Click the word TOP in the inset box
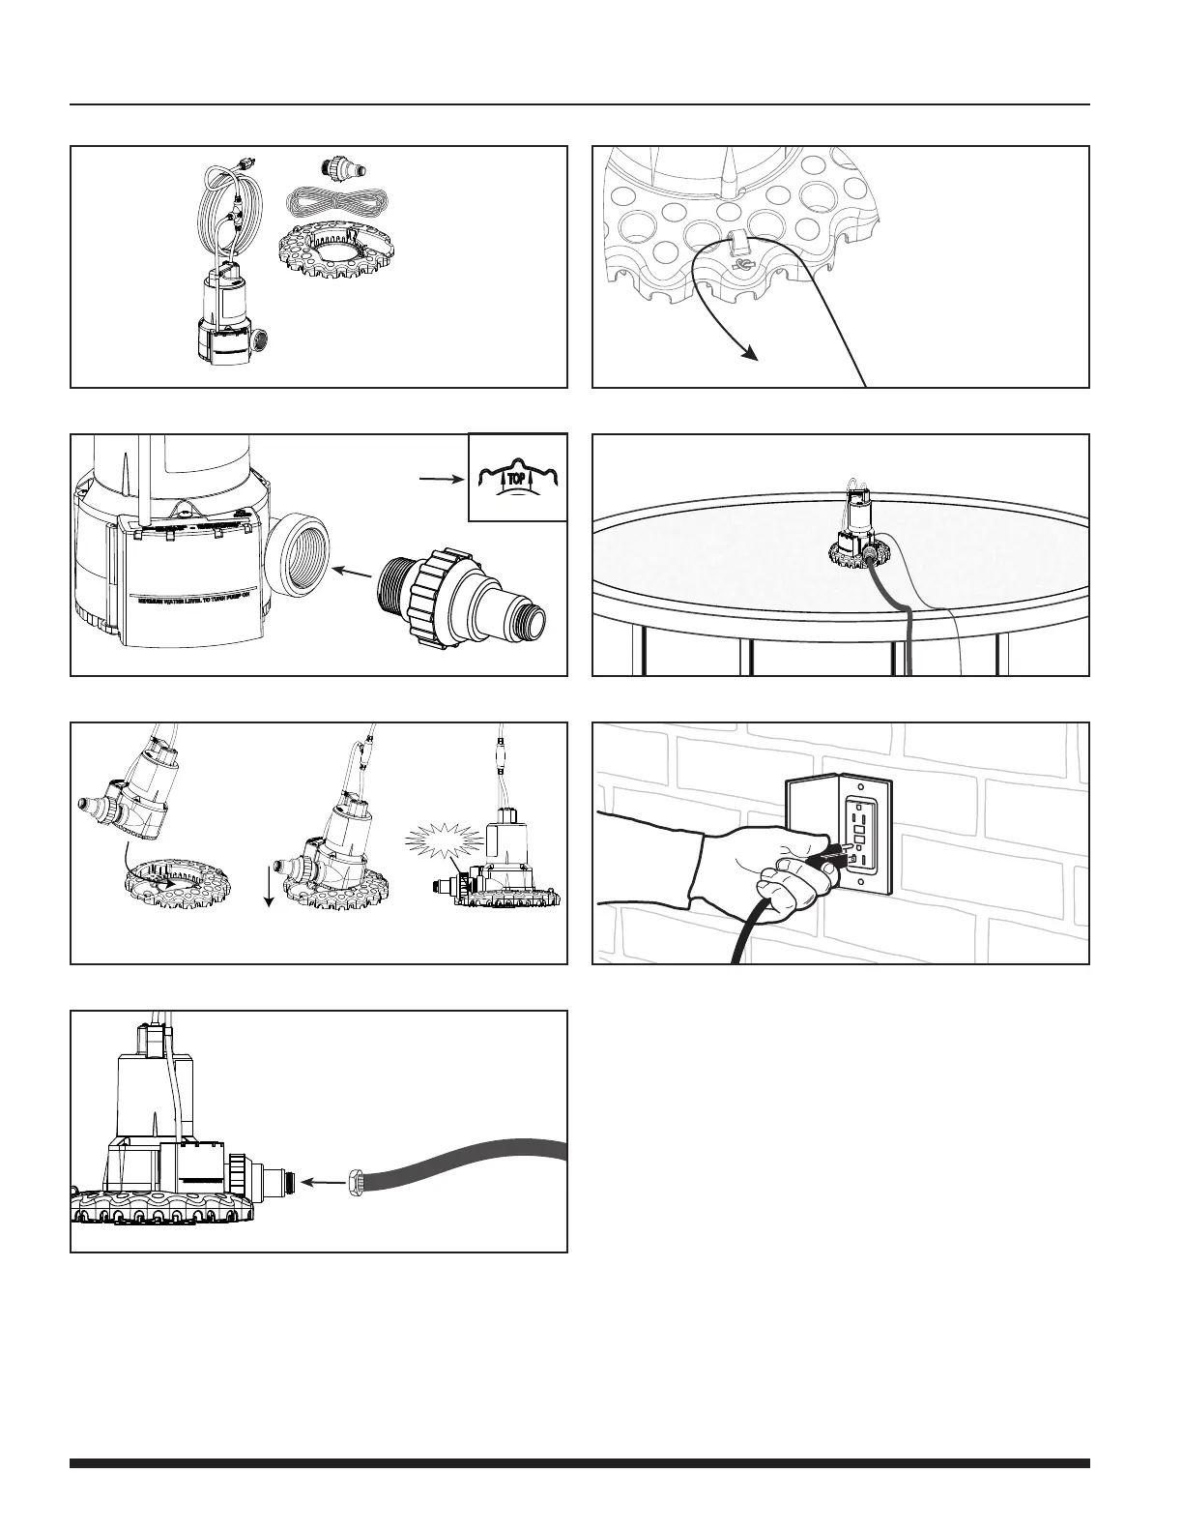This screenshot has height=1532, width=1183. tap(512, 478)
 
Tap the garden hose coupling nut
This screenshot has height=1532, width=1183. tap(357, 1181)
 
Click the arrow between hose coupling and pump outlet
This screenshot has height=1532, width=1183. tap(320, 1181)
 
